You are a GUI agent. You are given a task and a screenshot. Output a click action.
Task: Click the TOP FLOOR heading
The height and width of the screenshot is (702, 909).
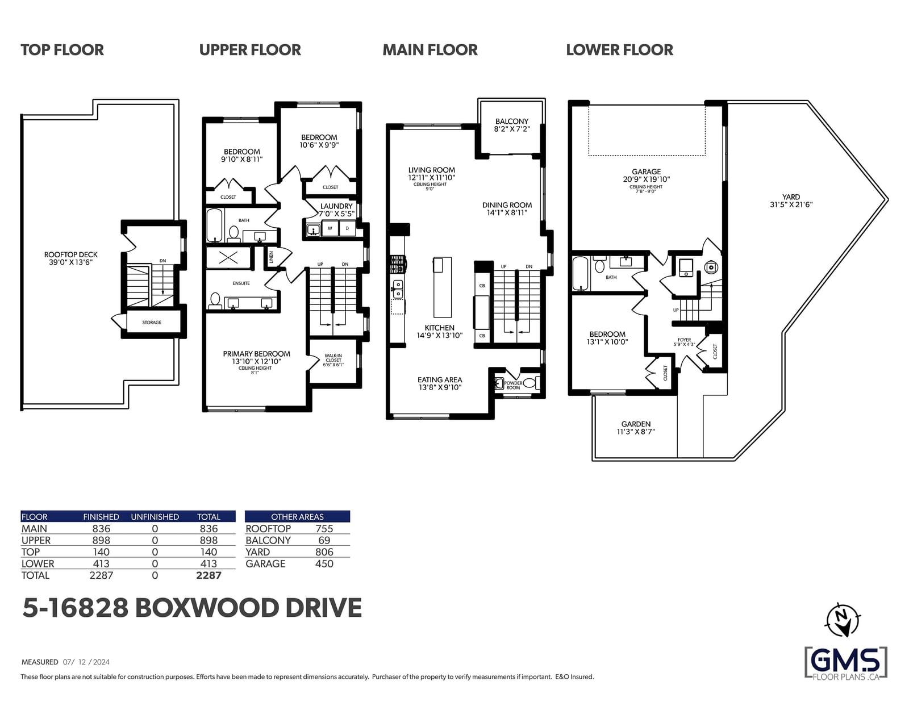[62, 50]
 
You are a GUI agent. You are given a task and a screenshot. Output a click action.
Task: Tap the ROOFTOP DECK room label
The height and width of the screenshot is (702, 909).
[70, 254]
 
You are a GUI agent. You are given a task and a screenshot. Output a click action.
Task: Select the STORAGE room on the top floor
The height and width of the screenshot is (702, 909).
[152, 323]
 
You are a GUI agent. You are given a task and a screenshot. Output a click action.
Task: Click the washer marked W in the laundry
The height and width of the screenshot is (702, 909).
[330, 228]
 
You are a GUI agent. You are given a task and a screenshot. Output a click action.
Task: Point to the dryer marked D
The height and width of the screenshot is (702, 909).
[347, 228]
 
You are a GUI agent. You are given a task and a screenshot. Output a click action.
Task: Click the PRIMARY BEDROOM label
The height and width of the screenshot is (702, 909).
[256, 354]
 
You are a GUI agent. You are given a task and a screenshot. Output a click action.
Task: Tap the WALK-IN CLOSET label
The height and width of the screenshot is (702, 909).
[333, 358]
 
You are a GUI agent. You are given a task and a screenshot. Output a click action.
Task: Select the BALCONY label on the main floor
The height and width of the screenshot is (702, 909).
[512, 121]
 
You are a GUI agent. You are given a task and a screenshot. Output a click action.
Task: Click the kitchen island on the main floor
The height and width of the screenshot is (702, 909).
[442, 287]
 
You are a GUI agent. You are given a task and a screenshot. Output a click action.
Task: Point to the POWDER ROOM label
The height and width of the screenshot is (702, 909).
[513, 385]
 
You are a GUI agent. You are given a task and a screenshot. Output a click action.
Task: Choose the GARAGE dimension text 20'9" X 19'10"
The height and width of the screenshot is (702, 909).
[647, 179]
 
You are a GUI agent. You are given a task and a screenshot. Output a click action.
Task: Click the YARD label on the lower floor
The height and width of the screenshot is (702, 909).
[791, 197]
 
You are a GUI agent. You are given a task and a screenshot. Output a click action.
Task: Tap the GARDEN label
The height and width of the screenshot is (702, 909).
[636, 424]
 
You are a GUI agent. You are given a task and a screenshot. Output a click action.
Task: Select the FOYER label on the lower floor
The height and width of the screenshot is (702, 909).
[685, 340]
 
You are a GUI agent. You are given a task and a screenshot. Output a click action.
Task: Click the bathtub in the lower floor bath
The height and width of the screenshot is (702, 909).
[580, 273]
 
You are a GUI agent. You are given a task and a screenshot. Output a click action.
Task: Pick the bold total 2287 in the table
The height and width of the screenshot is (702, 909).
[209, 575]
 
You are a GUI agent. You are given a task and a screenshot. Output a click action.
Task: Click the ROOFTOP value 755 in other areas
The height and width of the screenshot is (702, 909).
[324, 528]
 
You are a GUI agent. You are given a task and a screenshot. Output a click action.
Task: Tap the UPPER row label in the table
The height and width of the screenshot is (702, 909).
[36, 540]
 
